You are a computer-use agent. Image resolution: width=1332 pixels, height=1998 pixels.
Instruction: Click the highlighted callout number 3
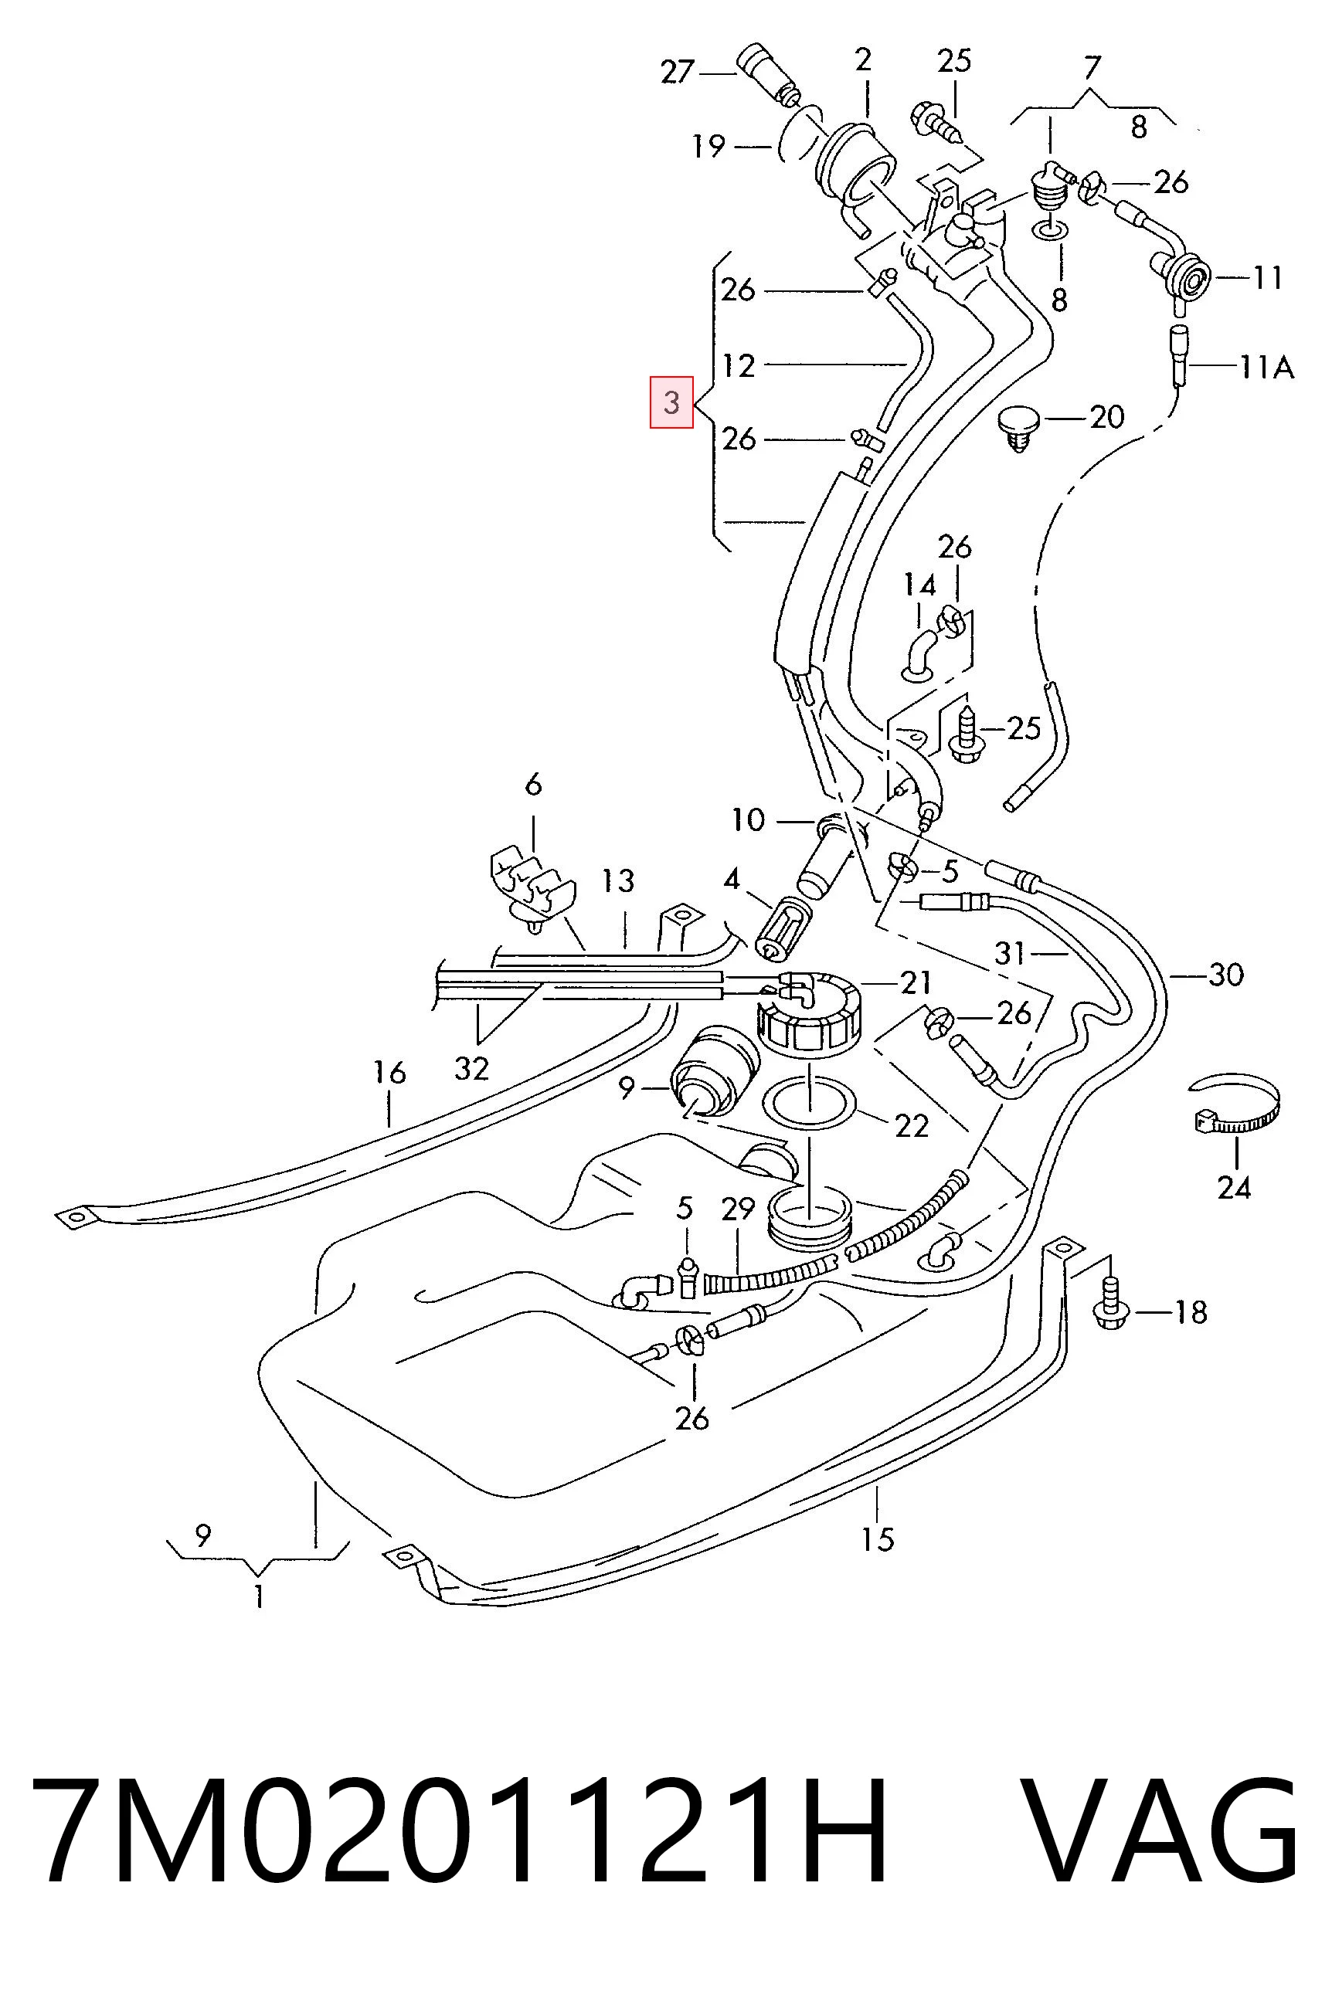click(671, 402)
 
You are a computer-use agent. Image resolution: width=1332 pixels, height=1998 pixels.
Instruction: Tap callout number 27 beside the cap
click(678, 72)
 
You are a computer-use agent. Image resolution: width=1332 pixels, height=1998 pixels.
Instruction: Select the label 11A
click(1266, 367)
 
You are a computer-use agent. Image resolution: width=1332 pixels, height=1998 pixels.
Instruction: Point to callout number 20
click(1106, 416)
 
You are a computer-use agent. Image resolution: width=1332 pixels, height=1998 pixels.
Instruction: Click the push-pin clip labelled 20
click(1019, 429)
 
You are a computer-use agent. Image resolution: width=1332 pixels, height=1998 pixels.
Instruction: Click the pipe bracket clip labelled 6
click(532, 886)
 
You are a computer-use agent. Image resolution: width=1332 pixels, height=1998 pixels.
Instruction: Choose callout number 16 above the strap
click(389, 1073)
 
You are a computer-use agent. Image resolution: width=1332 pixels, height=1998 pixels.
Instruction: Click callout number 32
click(471, 1067)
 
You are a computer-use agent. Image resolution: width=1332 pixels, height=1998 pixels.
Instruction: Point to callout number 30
click(1226, 975)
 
